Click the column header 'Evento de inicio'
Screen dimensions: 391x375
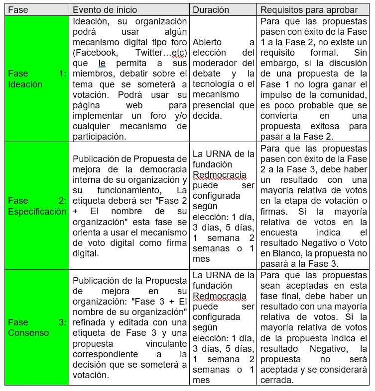(105, 10)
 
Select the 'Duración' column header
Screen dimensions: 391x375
(211, 10)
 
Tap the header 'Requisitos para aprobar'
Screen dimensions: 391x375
(309, 10)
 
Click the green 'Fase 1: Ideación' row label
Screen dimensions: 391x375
(37, 79)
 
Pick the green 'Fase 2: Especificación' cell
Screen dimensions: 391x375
(37, 206)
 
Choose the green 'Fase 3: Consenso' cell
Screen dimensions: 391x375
(37, 327)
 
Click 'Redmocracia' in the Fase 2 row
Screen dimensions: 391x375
(219, 175)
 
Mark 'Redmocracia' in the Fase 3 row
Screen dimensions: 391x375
(219, 297)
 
